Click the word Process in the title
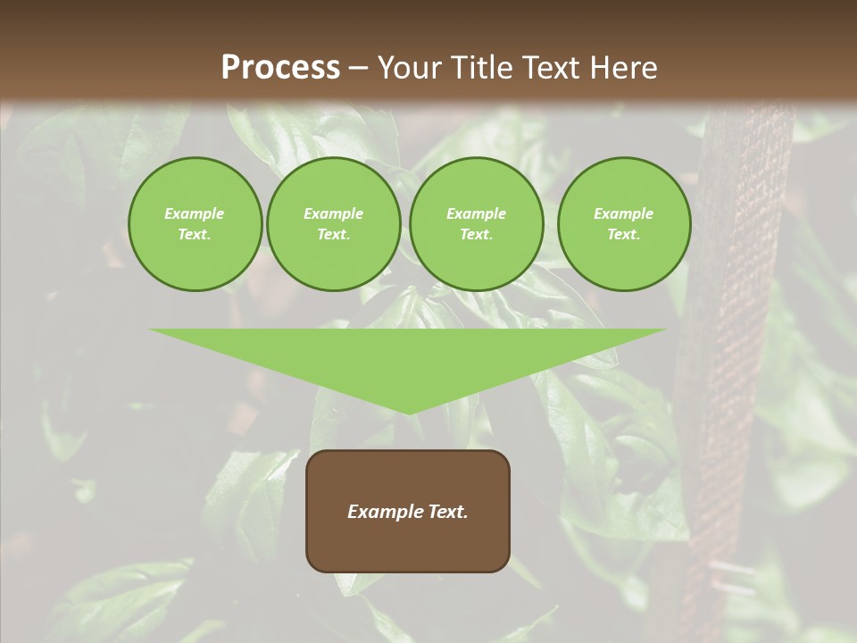(280, 68)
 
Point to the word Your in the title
(408, 68)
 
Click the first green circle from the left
(195, 224)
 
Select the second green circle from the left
(334, 224)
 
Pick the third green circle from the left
(476, 224)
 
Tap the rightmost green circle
(624, 224)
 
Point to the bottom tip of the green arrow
(408, 413)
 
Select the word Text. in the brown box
(447, 512)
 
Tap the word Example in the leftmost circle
(195, 213)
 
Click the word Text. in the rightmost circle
(624, 234)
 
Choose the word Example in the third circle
(476, 213)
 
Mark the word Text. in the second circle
(334, 234)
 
